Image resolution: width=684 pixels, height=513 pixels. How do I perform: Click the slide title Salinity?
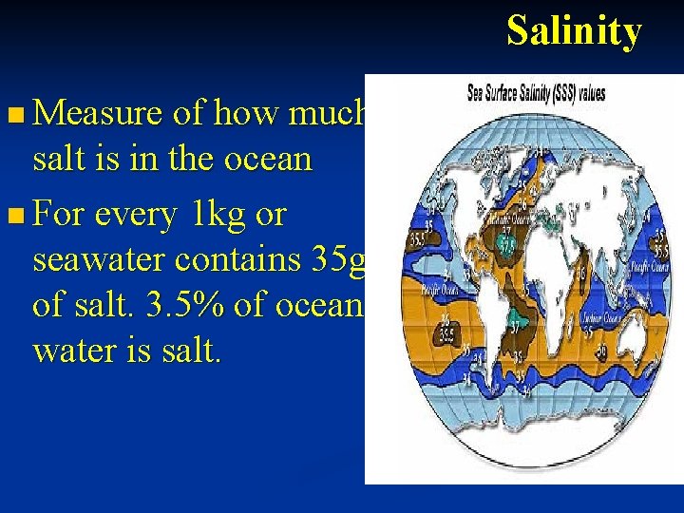click(x=574, y=31)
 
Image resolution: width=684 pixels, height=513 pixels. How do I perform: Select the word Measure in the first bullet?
click(x=98, y=115)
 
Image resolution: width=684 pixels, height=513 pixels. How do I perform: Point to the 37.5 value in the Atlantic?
click(x=510, y=245)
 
